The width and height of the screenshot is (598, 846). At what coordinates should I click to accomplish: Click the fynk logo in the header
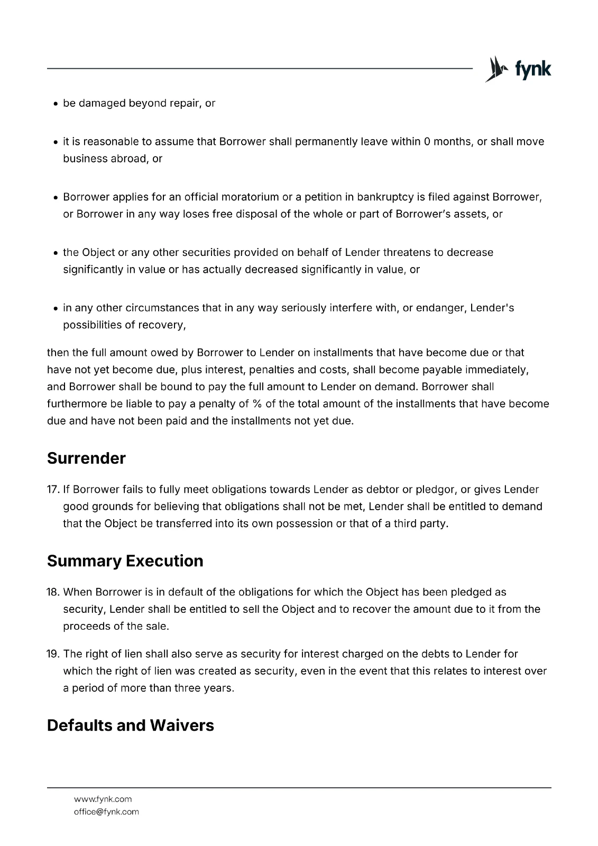coord(518,69)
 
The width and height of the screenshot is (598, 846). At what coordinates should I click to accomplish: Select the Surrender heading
coord(86,458)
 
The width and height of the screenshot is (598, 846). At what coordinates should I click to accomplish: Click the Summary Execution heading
coord(125,560)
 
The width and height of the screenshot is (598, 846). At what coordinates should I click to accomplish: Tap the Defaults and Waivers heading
coord(130,725)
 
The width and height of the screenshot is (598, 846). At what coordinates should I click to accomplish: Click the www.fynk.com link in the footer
coord(103,799)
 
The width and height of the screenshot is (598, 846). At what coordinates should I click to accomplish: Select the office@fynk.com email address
coord(106,812)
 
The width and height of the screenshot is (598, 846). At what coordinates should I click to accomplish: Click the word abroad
coord(127,159)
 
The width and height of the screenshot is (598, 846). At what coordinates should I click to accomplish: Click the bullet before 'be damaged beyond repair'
coord(56,104)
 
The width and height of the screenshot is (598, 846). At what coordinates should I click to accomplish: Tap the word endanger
coord(440,308)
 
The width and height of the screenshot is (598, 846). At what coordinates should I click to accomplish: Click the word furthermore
coord(77,404)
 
